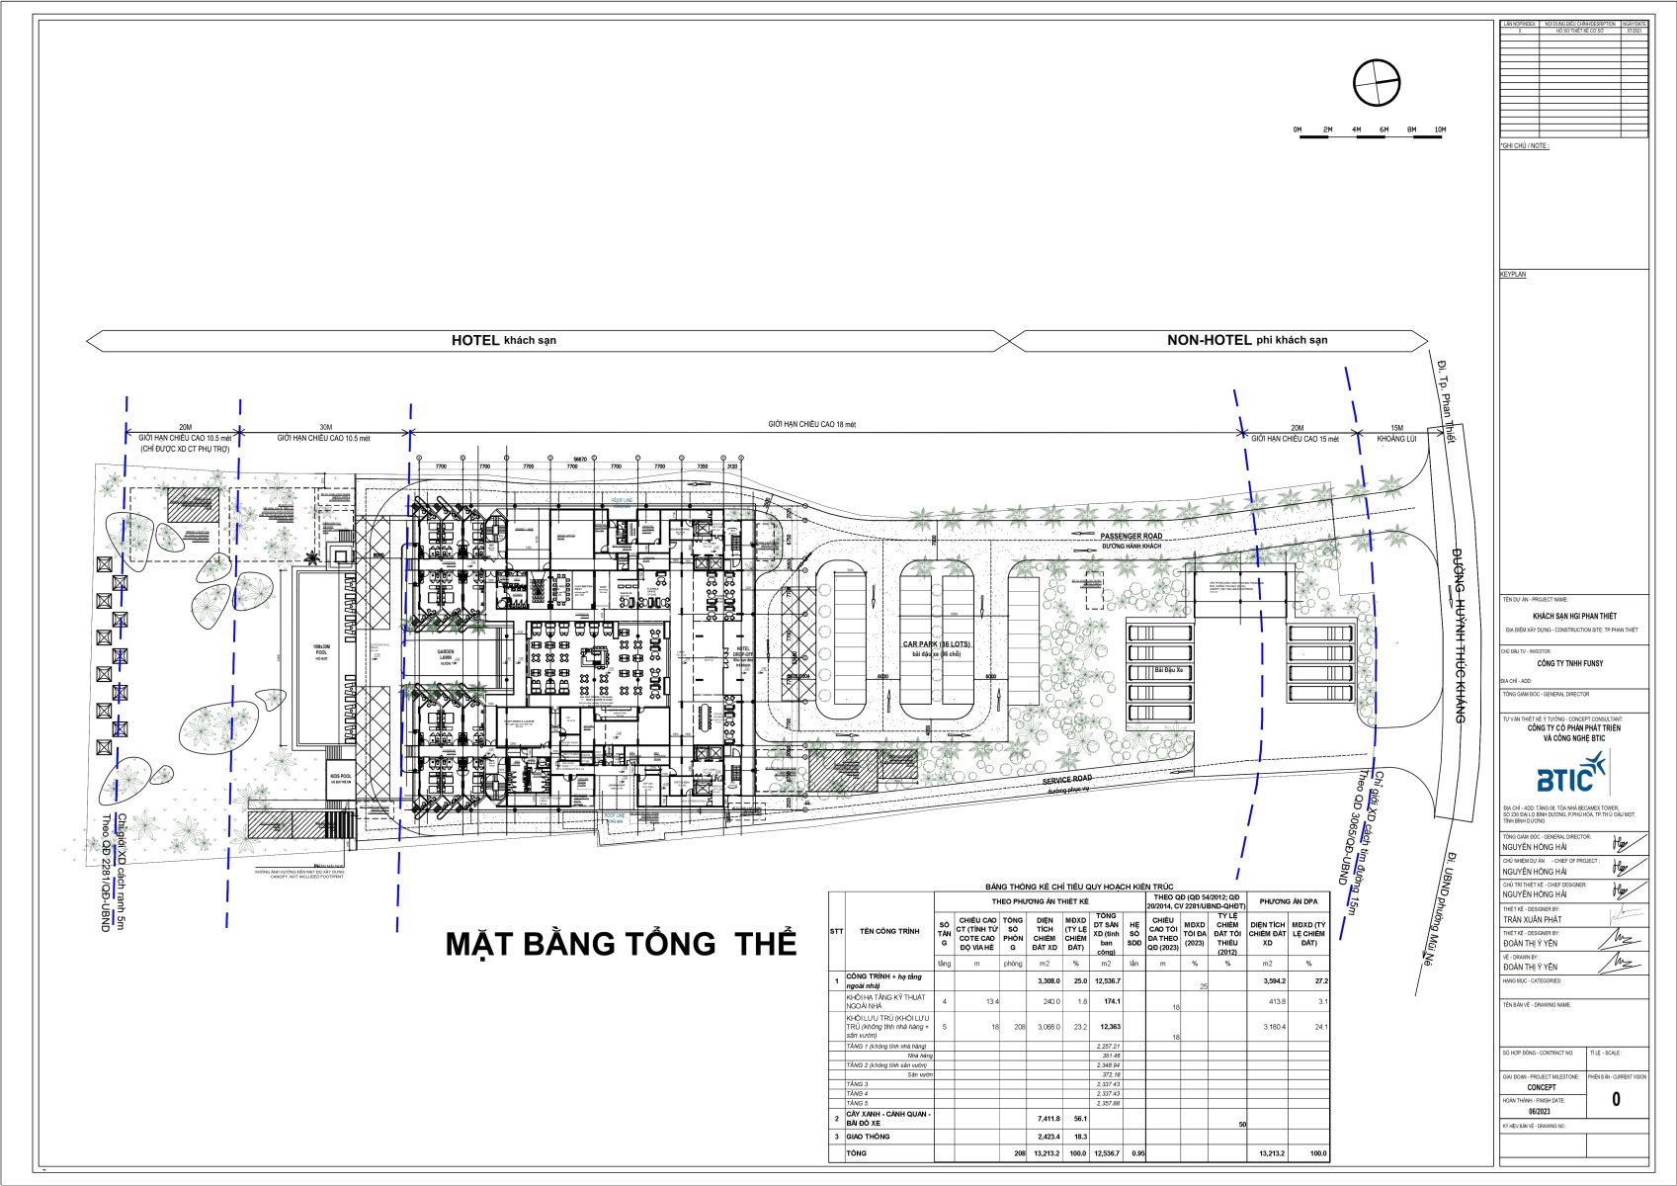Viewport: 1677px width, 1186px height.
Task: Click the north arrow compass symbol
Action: (x=1376, y=83)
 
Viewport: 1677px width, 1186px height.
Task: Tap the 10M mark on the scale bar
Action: (x=1440, y=130)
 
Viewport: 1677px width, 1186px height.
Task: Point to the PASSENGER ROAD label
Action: (x=1132, y=537)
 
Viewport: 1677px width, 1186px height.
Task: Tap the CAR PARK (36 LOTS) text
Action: (x=935, y=644)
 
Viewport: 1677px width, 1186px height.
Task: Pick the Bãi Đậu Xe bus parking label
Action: (x=1161, y=671)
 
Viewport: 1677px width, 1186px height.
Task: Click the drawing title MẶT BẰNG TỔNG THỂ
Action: (x=620, y=943)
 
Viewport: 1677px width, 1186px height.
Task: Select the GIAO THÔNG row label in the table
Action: (x=869, y=1137)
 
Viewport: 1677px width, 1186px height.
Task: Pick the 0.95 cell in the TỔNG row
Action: (x=1136, y=1153)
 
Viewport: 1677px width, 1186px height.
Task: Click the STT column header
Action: (x=837, y=931)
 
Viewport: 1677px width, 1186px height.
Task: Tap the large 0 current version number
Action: (x=1616, y=1099)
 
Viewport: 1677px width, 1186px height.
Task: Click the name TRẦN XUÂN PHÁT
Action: (x=1534, y=919)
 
